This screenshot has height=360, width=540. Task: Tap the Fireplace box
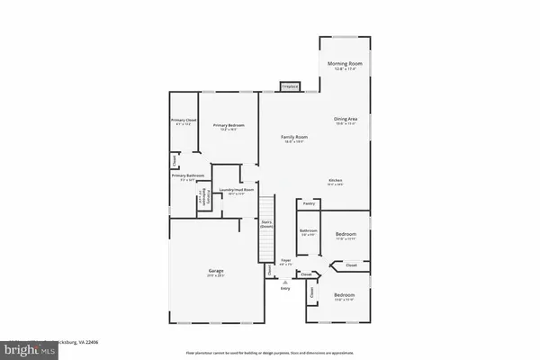[x=289, y=86]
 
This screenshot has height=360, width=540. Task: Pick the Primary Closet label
[x=184, y=120]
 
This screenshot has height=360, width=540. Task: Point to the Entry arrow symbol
[x=285, y=281]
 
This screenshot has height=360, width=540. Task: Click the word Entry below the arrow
[x=285, y=288]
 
